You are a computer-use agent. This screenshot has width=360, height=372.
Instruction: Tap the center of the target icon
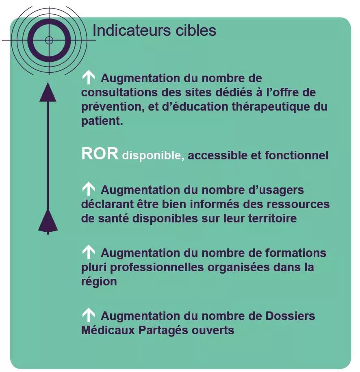coord(49,40)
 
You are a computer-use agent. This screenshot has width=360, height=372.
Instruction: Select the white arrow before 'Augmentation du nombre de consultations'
coord(88,77)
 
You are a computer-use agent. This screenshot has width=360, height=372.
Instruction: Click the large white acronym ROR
coord(100,154)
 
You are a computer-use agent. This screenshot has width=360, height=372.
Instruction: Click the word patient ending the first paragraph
coord(102,121)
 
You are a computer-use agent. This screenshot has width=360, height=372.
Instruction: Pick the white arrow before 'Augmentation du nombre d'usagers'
coord(88,189)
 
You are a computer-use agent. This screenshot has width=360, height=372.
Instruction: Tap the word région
coord(99,281)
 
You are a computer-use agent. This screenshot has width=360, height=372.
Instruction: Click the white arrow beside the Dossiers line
coord(88,315)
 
